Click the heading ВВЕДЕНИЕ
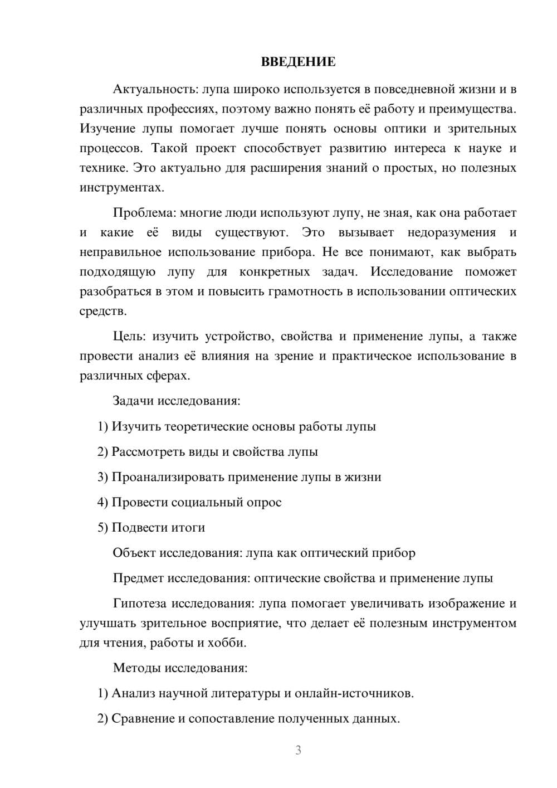(x=298, y=62)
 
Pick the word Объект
(x=134, y=553)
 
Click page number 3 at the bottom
(x=298, y=750)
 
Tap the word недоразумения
(x=452, y=232)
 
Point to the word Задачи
(x=133, y=401)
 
